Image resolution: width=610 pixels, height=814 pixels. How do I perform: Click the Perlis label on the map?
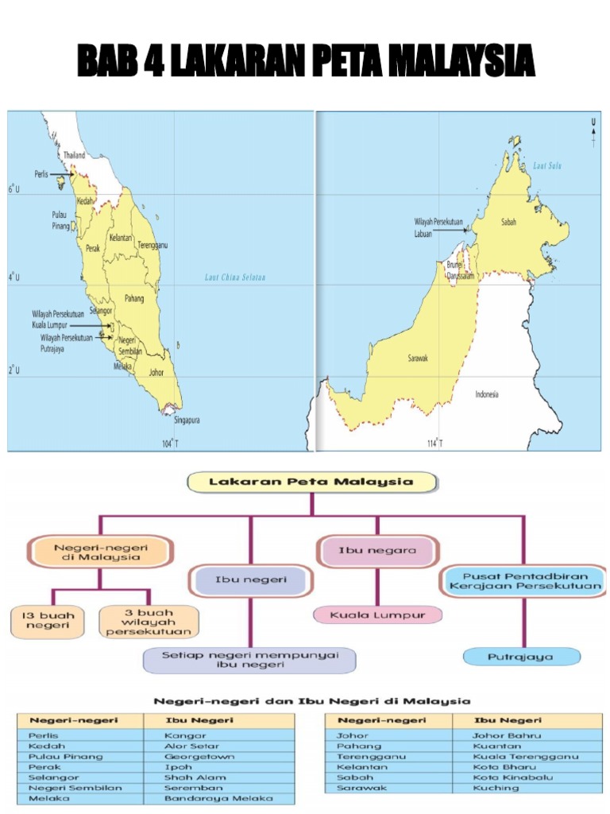pos(42,172)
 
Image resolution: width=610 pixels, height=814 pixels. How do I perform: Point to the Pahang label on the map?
pos(134,298)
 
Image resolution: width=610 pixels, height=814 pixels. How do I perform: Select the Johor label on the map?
pos(156,371)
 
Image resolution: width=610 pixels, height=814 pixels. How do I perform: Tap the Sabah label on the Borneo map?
pos(508,223)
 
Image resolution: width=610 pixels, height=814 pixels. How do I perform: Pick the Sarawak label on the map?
pos(418,359)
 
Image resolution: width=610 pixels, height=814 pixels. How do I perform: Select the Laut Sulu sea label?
pos(547,165)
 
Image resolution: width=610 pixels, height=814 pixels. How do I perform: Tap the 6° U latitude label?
pos(13,189)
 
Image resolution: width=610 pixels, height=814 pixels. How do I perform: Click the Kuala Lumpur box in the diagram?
pos(378,614)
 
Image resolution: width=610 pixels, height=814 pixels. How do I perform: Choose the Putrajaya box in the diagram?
pos(521,657)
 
